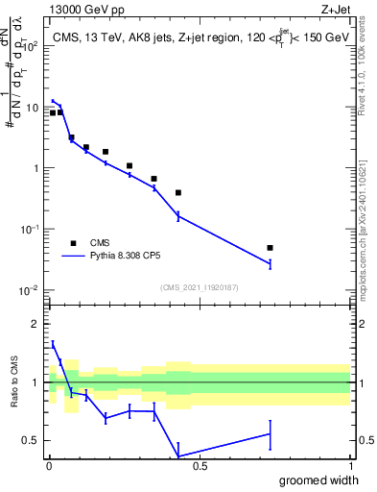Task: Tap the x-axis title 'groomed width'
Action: [x=314, y=480]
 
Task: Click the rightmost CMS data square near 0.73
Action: [x=271, y=248]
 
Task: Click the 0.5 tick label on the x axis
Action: [x=200, y=466]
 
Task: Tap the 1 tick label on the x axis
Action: [x=350, y=466]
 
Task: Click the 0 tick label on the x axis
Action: [x=49, y=466]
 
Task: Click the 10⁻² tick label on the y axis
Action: [x=30, y=290]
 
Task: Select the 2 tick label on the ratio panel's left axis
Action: [x=35, y=323]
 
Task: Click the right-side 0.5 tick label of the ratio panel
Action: [x=365, y=441]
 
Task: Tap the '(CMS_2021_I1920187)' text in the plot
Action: [x=199, y=287]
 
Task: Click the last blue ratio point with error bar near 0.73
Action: [x=271, y=434]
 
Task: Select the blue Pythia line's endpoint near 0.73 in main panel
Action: [x=271, y=263]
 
